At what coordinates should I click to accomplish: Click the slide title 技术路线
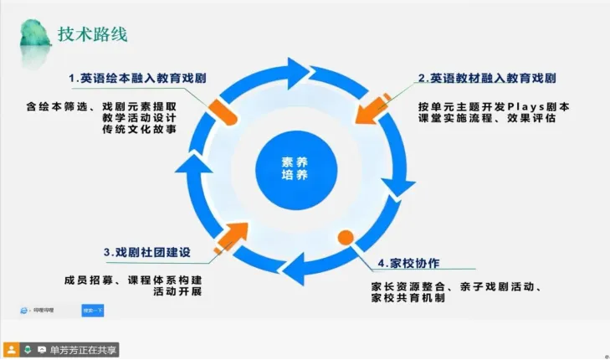pos(93,33)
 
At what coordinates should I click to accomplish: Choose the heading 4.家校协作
pos(408,262)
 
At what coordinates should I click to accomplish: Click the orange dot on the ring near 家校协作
pos(345,237)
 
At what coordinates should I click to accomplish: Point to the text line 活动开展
pos(177,292)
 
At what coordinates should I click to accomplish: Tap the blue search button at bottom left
pos(93,311)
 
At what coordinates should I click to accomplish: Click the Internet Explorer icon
pos(23,311)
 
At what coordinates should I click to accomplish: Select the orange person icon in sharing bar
pos(12,349)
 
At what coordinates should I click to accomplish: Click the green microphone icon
pos(28,349)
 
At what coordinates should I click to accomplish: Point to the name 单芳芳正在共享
pos(84,349)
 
